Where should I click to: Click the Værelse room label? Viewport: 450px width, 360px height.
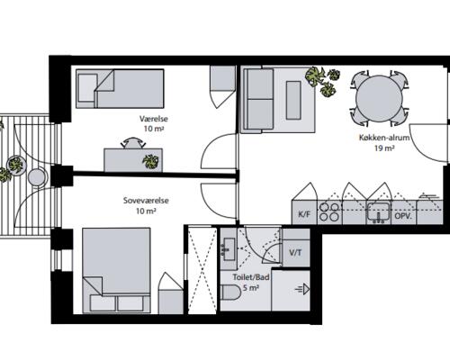coord(154,119)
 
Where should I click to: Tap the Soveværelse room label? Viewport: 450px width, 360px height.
coord(146,201)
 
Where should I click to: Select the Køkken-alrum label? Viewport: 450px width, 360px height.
coord(384,138)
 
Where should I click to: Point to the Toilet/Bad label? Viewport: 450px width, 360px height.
coord(251,277)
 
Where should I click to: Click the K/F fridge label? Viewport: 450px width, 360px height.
coord(304,215)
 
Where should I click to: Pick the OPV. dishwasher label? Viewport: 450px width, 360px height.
coord(403,216)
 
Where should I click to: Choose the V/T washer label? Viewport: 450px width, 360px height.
coord(295,253)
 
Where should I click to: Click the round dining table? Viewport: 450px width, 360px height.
coord(379,98)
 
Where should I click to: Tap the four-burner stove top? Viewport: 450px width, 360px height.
coord(329,211)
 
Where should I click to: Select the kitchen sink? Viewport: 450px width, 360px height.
coord(379,211)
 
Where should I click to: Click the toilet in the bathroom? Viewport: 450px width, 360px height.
coord(230,292)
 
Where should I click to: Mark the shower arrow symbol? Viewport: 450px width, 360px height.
coord(302,290)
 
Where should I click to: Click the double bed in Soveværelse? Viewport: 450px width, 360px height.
coord(116,270)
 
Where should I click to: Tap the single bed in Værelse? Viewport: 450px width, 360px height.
coord(120,88)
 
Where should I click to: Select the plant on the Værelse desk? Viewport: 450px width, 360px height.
coord(150,161)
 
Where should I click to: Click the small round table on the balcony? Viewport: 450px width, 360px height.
coord(37,177)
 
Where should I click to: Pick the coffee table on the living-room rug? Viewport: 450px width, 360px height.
coord(293,100)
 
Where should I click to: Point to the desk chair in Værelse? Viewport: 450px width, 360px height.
coord(133,143)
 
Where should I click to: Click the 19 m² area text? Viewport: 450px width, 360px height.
coord(384,148)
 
